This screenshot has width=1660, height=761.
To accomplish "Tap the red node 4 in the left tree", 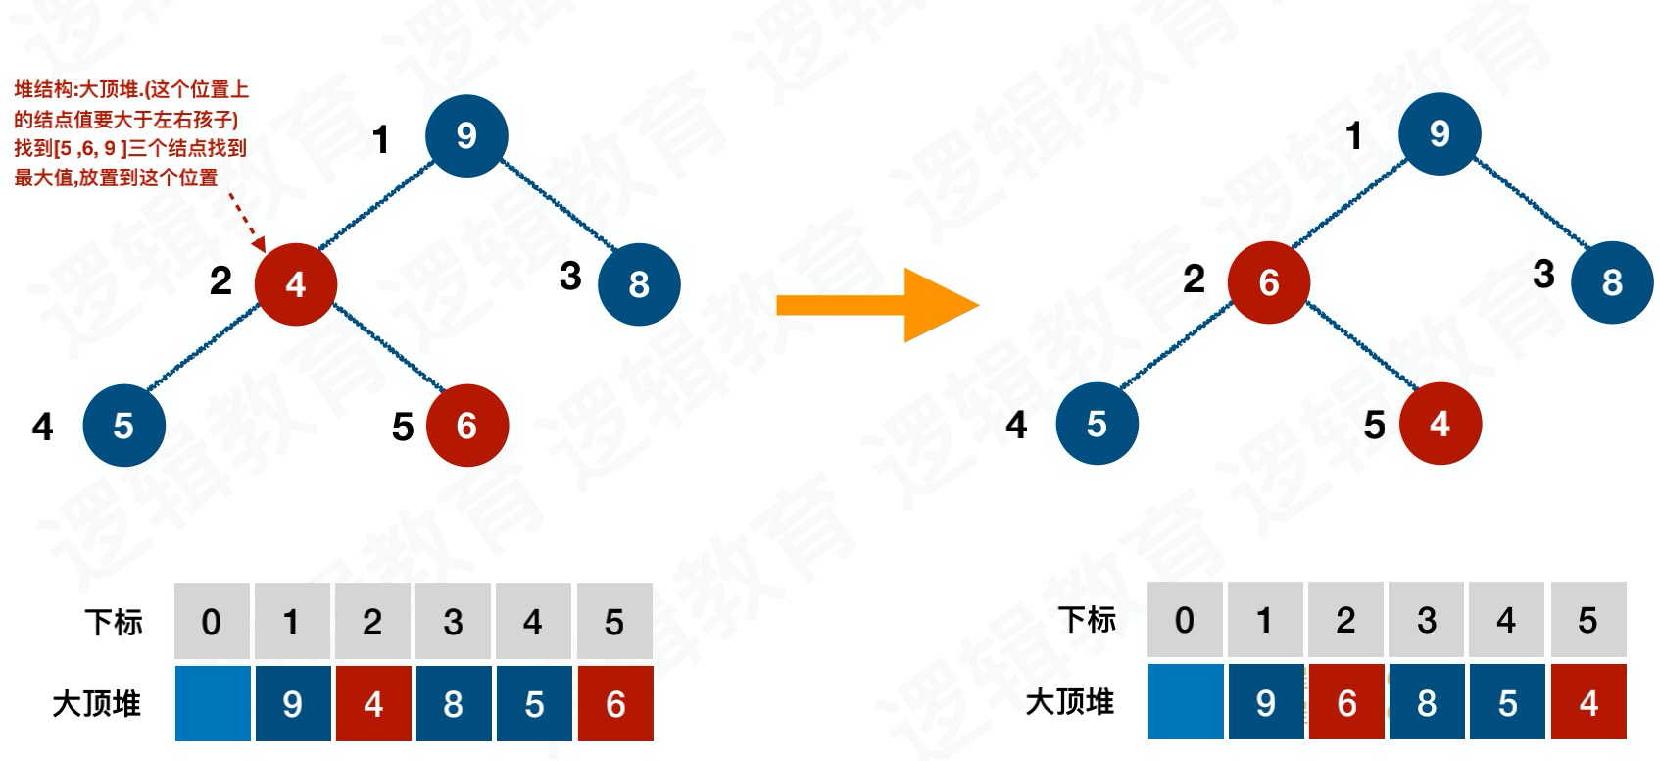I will point(296,284).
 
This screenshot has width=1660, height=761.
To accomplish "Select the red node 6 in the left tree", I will point(467,426).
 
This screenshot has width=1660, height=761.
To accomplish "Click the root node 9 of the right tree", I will point(1440,134).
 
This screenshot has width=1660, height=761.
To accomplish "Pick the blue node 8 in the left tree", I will point(639,284).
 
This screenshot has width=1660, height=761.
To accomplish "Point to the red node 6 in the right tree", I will point(1269,282).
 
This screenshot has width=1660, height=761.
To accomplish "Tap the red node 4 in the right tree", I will point(1440,424).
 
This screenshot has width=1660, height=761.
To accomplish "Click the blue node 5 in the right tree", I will point(1098,424).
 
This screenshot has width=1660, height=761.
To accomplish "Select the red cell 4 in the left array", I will point(373,703).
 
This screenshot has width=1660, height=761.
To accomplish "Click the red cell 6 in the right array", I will point(1346,702).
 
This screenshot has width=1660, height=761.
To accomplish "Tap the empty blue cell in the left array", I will point(213,703).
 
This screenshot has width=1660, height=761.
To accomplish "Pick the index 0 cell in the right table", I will point(1185,620).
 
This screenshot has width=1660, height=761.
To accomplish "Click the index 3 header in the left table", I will point(453,622).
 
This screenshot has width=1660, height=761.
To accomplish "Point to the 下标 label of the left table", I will point(114,622).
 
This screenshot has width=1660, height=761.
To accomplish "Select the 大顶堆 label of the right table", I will point(1069,702).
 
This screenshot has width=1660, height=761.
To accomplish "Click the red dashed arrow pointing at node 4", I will point(247,222).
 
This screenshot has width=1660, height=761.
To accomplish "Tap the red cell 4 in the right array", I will point(1588,702).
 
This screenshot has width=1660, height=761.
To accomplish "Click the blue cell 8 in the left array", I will point(454,703).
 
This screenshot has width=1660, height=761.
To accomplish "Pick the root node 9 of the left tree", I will point(466,135).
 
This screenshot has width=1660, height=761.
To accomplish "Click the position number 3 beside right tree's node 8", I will point(1543,274).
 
